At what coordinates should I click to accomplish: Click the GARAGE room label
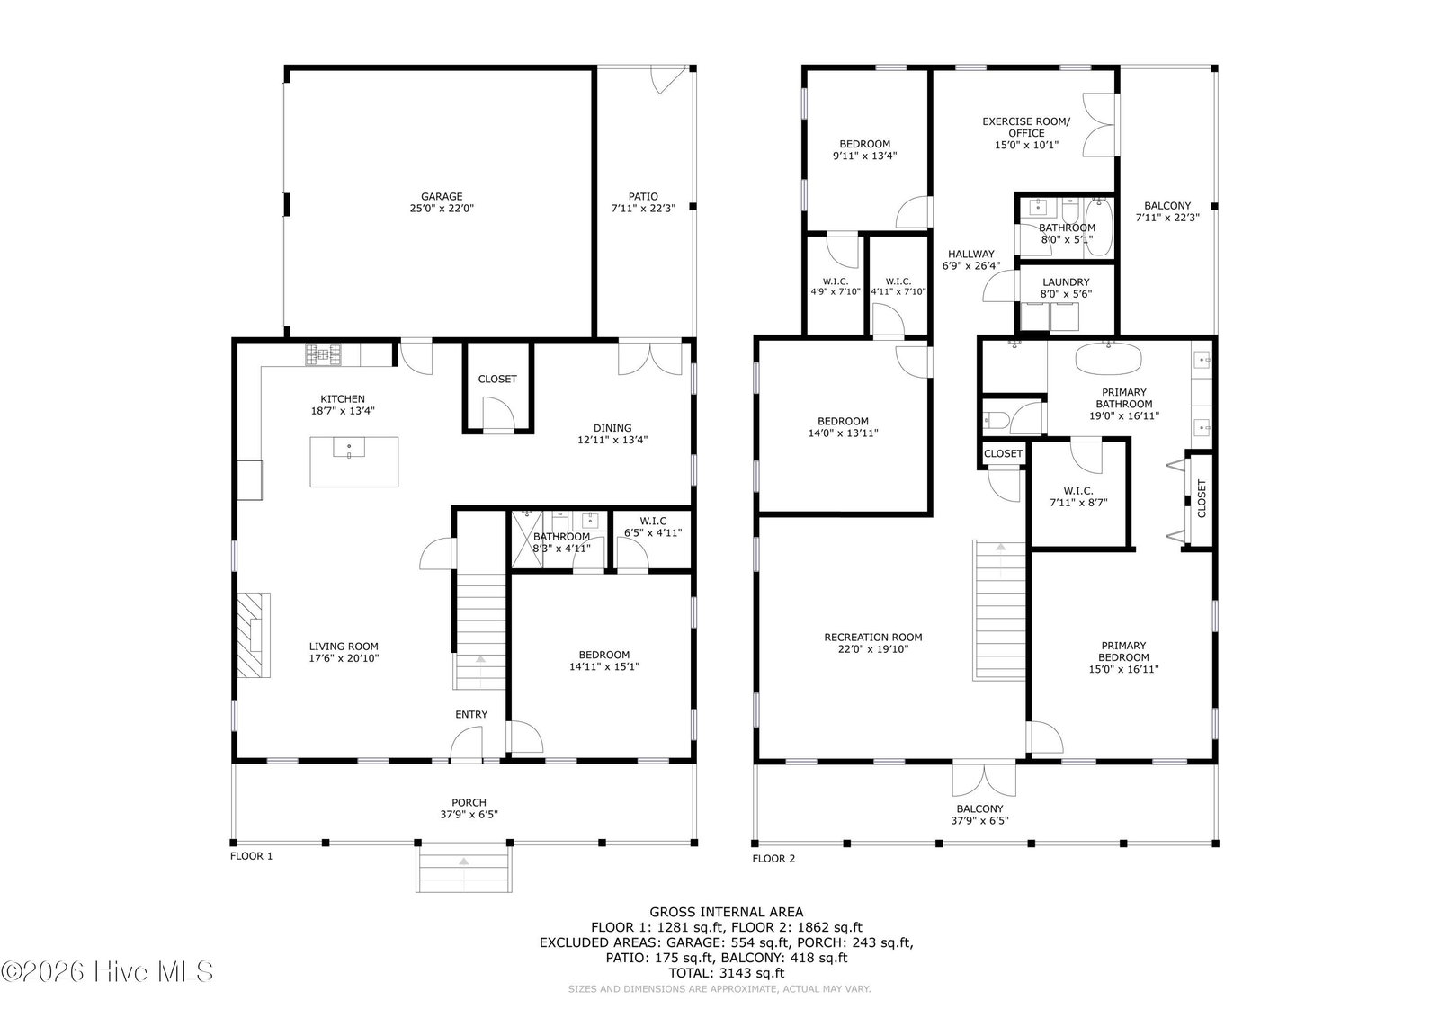442,197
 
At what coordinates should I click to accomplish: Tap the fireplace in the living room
254,635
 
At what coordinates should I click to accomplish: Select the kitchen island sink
349,448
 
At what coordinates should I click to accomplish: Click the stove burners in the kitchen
323,354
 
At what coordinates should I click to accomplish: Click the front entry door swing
467,744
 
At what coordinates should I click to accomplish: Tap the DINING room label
612,428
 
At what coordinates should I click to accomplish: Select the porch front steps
464,869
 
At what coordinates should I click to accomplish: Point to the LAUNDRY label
1066,282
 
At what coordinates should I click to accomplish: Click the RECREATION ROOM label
873,637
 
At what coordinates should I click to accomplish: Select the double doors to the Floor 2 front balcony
984,779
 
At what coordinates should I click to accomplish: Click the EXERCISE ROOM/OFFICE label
1026,127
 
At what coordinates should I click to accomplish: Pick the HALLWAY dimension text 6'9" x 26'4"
970,266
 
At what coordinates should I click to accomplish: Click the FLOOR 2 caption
773,859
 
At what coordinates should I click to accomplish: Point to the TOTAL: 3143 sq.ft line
727,973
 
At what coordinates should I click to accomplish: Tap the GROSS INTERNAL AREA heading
727,912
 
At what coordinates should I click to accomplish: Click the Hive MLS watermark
107,972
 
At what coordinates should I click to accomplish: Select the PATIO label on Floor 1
643,197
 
